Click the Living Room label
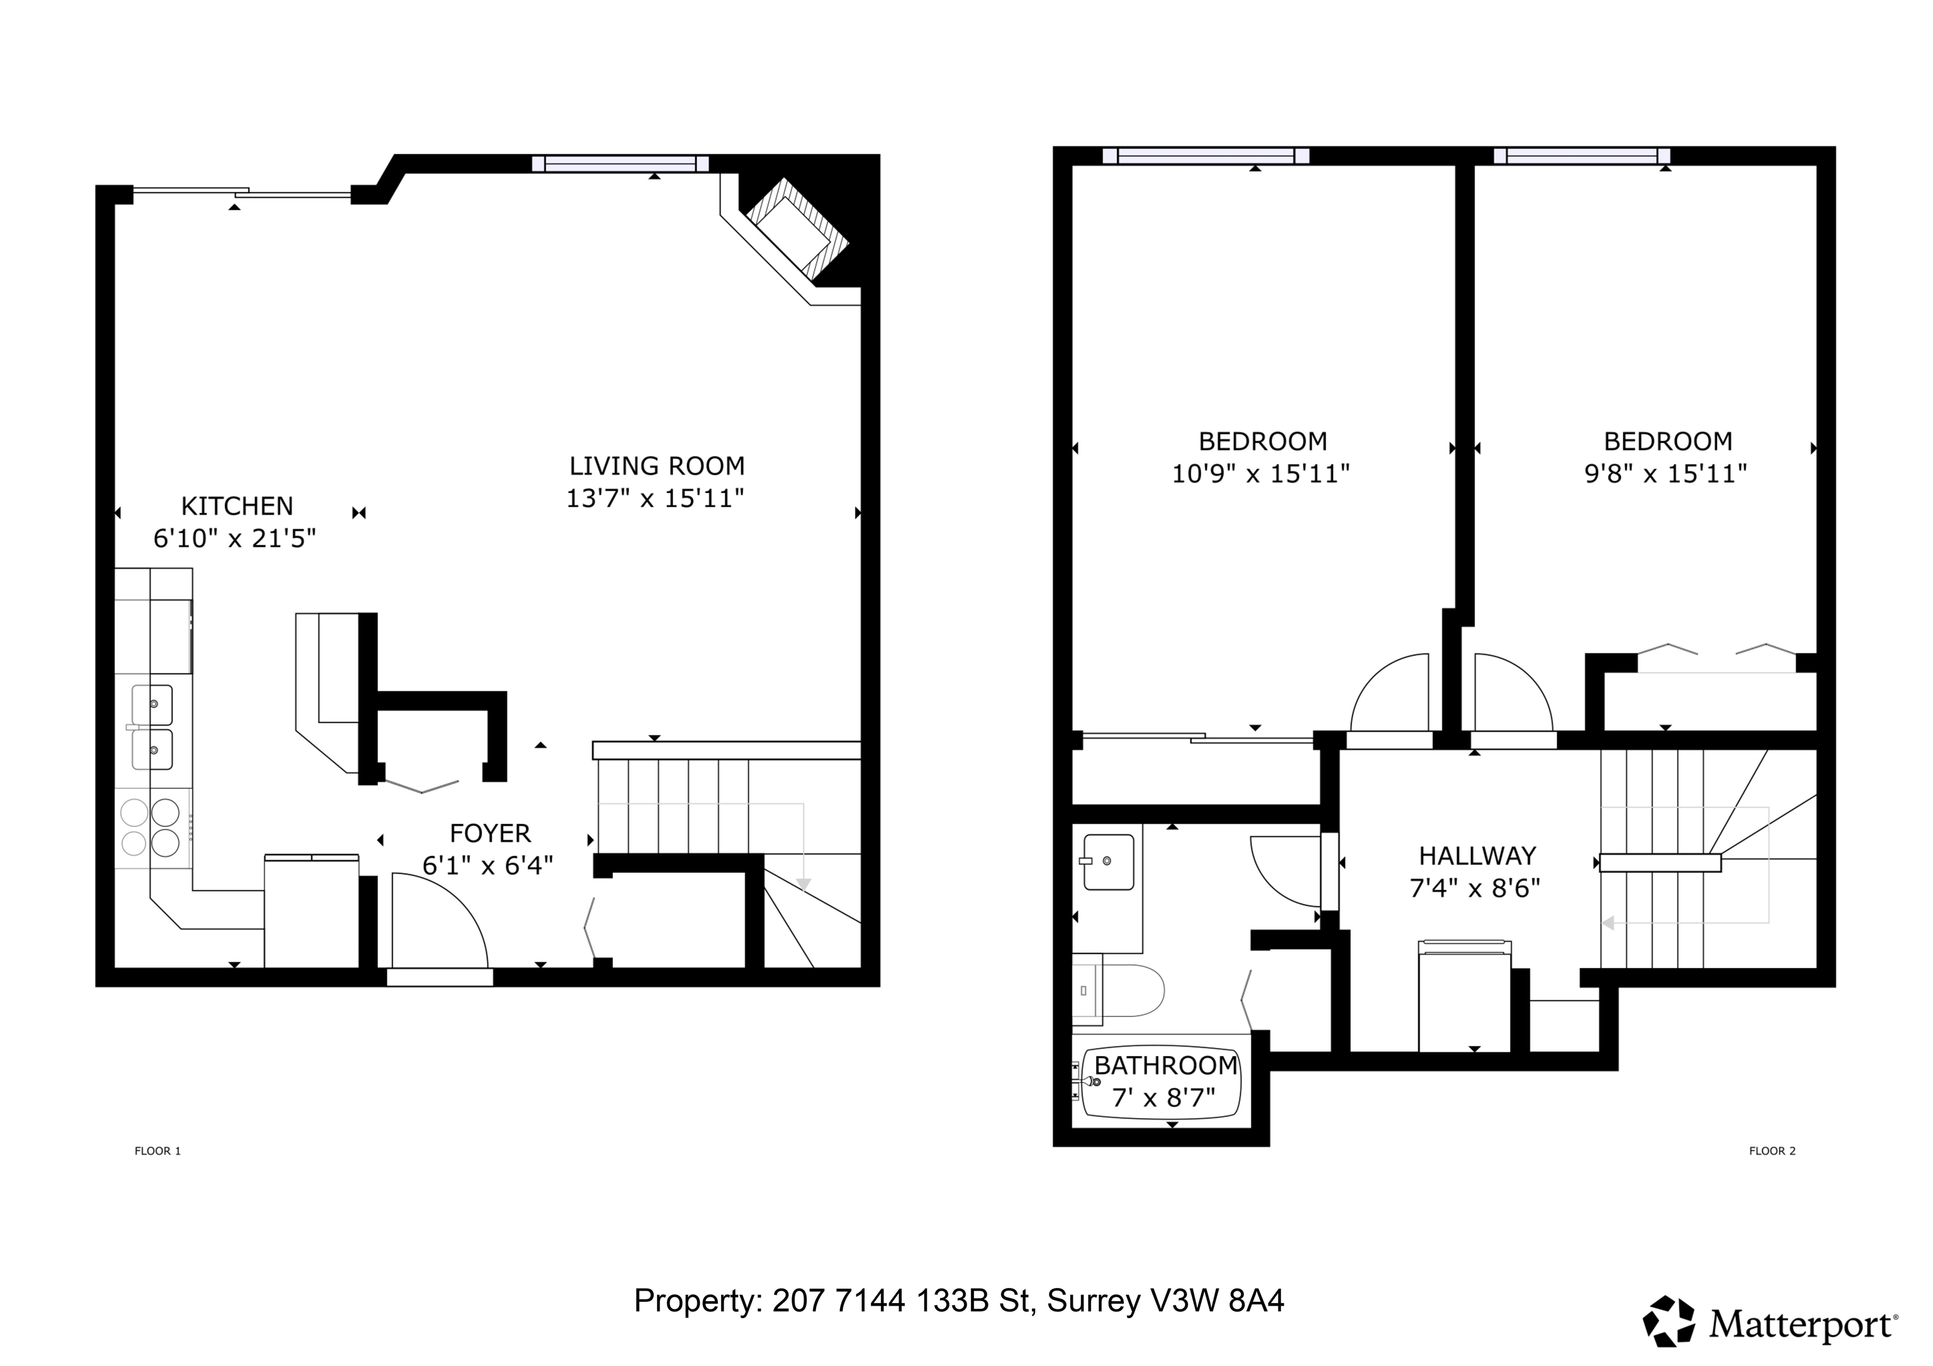coord(657,465)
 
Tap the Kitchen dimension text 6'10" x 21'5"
coord(235,538)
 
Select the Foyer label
coord(490,833)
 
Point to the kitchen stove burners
coord(152,828)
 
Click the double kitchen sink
coord(152,727)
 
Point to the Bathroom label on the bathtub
coord(1166,1065)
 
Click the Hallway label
coord(1477,856)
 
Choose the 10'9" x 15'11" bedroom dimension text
coord(1261,474)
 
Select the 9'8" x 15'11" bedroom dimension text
coord(1666,474)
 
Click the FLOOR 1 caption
coord(157,1150)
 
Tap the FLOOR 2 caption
coord(1772,1150)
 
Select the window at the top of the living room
coord(620,164)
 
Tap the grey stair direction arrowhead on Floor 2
coord(1607,923)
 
